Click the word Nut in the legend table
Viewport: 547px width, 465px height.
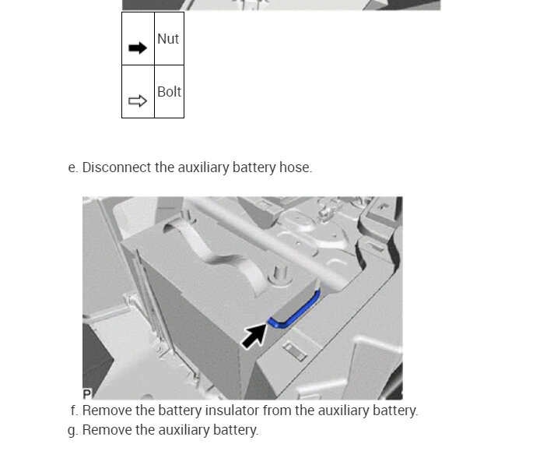point(168,39)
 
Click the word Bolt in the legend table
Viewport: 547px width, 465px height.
point(169,92)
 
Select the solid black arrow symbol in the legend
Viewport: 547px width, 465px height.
point(138,48)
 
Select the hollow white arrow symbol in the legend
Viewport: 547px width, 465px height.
point(138,101)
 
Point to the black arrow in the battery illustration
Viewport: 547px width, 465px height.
point(254,336)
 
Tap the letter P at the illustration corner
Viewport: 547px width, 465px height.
point(86,394)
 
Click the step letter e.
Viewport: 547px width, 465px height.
point(72,167)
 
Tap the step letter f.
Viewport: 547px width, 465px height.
point(73,410)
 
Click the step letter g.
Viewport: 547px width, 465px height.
point(72,430)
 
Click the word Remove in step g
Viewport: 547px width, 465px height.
point(106,430)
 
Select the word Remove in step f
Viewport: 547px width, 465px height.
point(106,410)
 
